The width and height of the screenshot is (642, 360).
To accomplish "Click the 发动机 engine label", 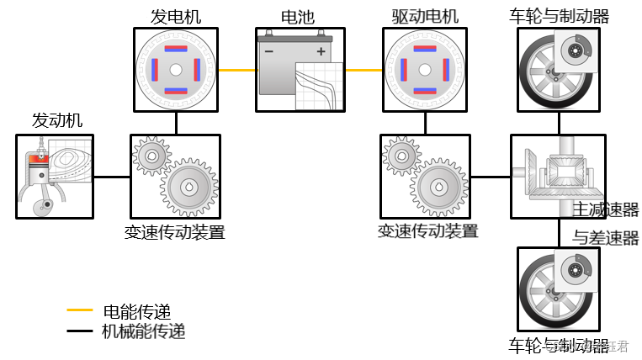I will [57, 120].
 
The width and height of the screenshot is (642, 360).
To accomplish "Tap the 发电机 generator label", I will [176, 16].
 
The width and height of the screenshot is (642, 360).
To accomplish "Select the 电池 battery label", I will [298, 16].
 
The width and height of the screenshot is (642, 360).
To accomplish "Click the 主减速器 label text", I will [606, 209].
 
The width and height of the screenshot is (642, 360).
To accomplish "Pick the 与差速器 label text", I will [606, 238].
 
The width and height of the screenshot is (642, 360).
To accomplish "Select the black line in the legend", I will [80, 331].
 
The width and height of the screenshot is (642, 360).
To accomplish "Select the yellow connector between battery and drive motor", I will [363, 71].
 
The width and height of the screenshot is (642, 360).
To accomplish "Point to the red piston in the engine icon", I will [35, 159].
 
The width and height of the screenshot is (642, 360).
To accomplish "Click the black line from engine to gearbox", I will [112, 177].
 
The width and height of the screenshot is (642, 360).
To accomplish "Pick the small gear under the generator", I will [151, 153].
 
